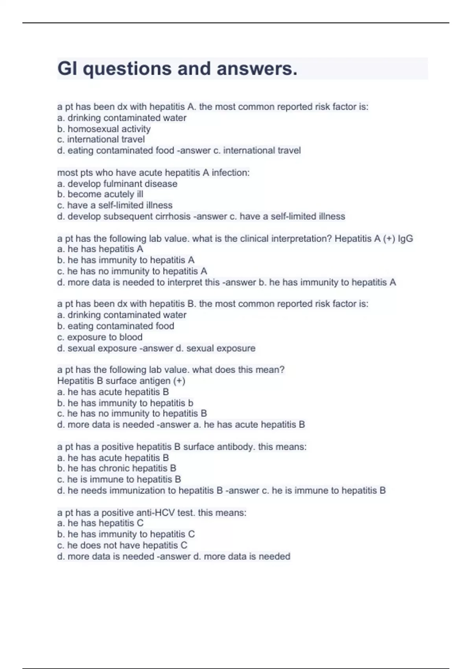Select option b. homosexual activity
tap(104, 129)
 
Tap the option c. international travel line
tap(101, 139)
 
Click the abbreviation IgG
tap(406, 238)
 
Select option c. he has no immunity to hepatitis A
tap(132, 271)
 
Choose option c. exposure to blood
tap(100, 337)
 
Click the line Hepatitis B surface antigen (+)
tap(121, 381)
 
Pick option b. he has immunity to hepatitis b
tap(125, 403)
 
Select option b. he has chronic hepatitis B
tap(116, 468)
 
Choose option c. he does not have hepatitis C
tap(122, 545)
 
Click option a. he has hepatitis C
tap(100, 523)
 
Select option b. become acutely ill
tap(100, 194)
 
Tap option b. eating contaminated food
tap(116, 326)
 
